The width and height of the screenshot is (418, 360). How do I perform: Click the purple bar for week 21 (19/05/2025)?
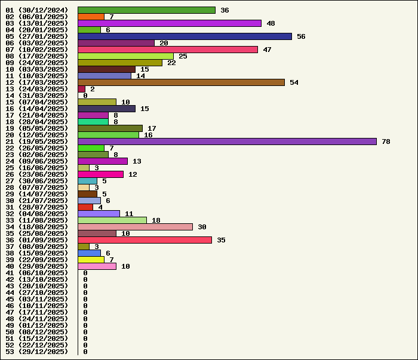click(227, 141)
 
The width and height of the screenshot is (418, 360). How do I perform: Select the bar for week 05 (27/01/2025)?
click(185, 36)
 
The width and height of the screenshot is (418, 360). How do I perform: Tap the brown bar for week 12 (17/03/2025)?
click(181, 82)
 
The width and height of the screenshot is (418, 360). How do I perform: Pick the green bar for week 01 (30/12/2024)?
click(146, 10)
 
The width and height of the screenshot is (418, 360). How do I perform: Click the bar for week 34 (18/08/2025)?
click(135, 227)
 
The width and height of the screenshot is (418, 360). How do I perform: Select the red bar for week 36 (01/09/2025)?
click(145, 240)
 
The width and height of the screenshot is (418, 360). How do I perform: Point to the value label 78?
click(386, 141)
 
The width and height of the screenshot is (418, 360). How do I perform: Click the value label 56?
click(301, 36)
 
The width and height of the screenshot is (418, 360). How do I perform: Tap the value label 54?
click(294, 82)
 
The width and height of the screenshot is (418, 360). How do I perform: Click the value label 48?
click(271, 23)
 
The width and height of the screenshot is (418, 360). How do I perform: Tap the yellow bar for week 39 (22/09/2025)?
click(91, 260)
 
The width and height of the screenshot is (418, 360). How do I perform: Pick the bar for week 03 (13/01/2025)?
click(170, 23)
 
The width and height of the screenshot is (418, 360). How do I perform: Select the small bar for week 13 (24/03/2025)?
click(81, 89)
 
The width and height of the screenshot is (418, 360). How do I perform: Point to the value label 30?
click(202, 227)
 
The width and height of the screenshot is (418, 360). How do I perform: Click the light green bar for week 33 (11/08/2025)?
click(112, 220)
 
